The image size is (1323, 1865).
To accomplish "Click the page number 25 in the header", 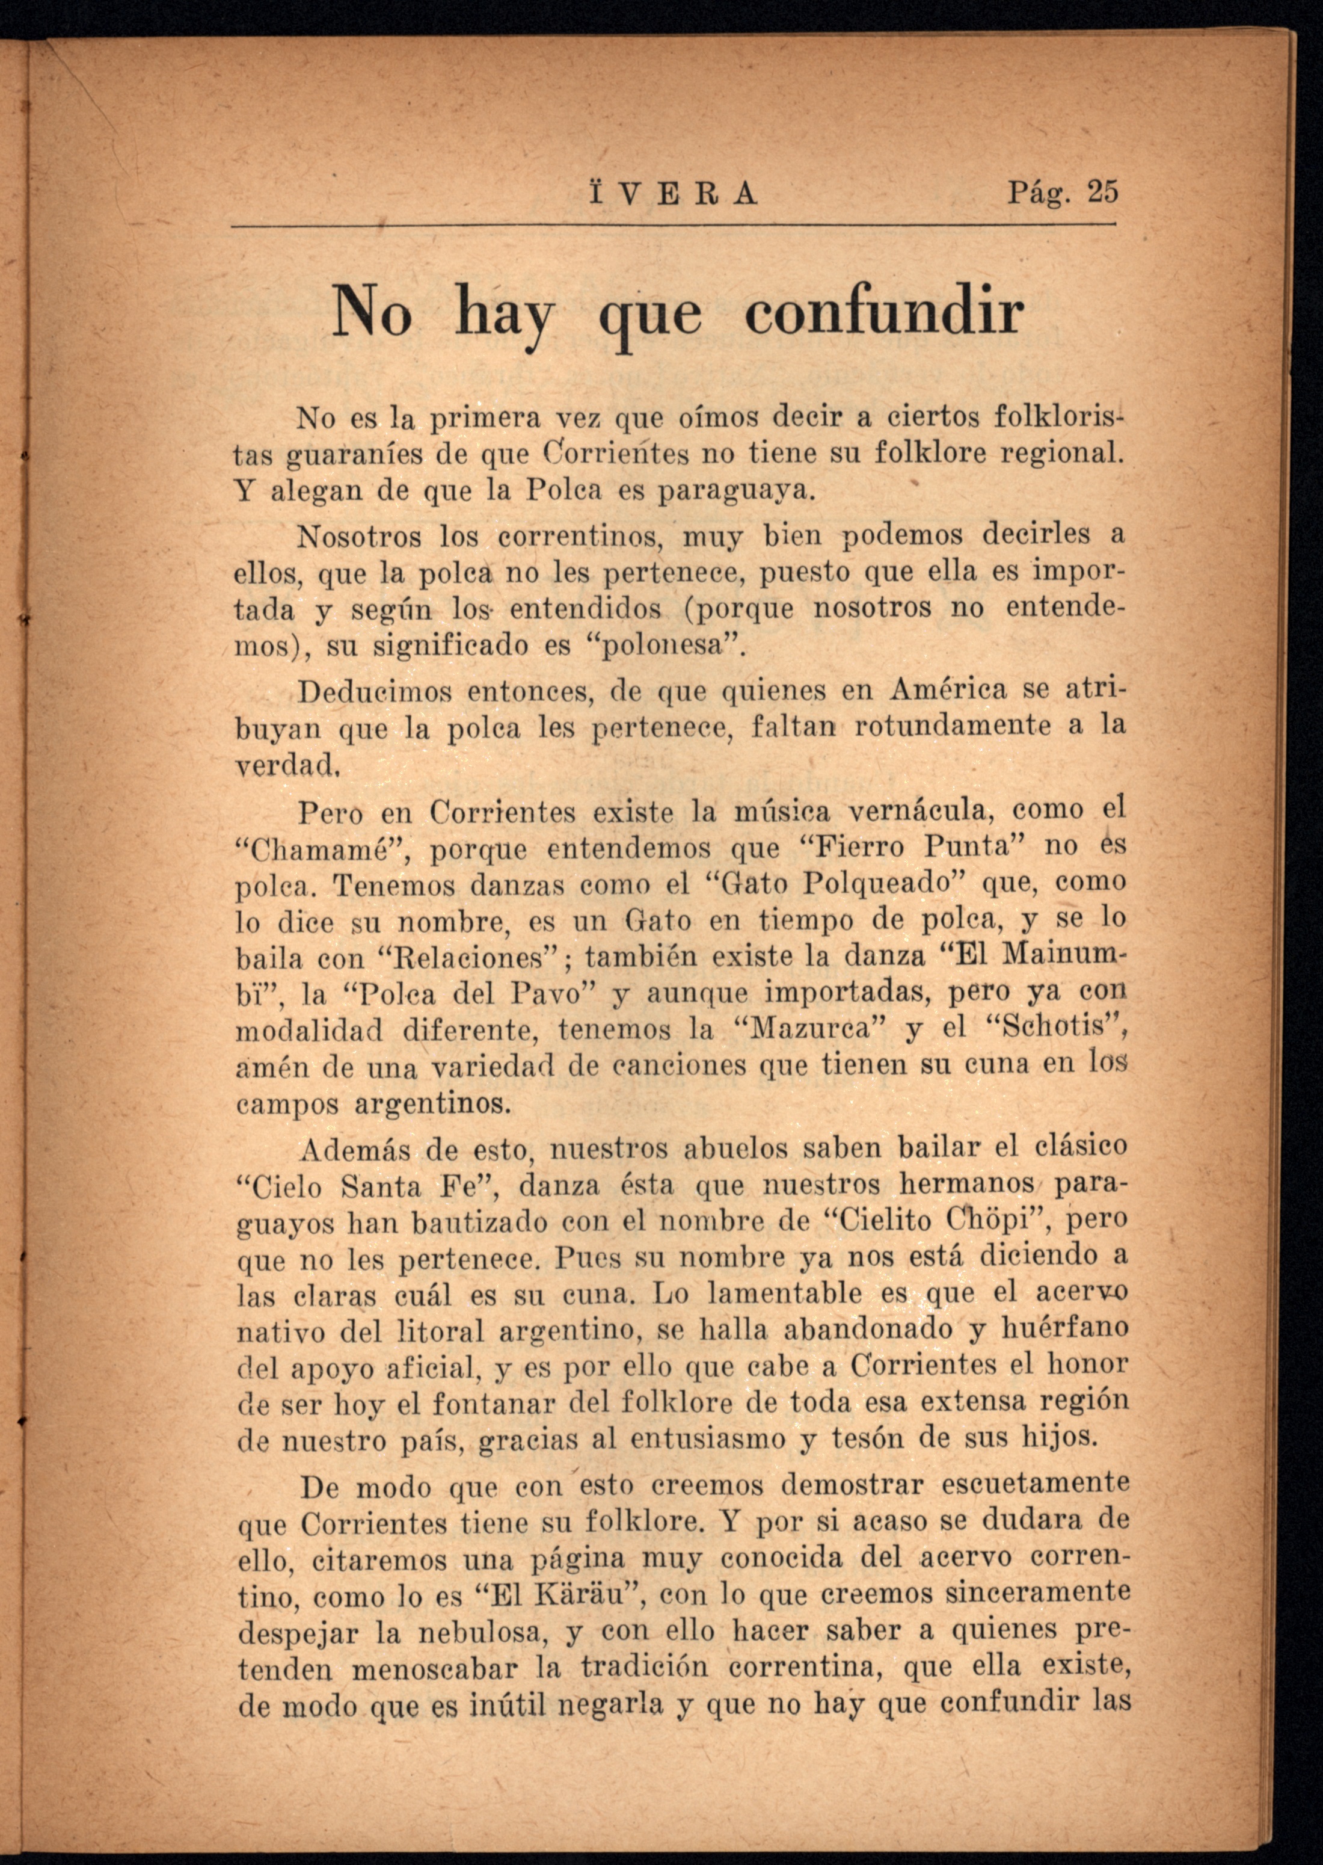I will (x=1103, y=193).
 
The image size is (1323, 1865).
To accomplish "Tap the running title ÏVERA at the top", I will (x=671, y=195).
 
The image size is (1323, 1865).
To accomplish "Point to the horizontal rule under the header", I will (x=673, y=226).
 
